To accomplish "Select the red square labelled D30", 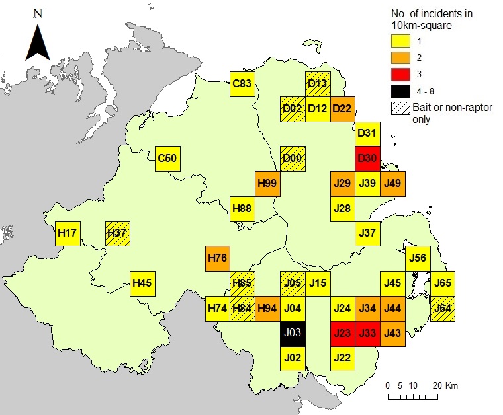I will [x=367, y=159].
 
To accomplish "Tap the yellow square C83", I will [x=242, y=84].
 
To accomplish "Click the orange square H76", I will [x=218, y=258].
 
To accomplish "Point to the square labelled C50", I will [x=167, y=159].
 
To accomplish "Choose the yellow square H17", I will [x=68, y=233].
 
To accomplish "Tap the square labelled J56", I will [x=418, y=258].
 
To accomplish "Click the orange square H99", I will [x=267, y=183].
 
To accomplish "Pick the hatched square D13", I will [x=318, y=84].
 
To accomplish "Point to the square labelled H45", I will [x=142, y=283].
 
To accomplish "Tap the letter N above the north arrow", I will [x=38, y=13].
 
